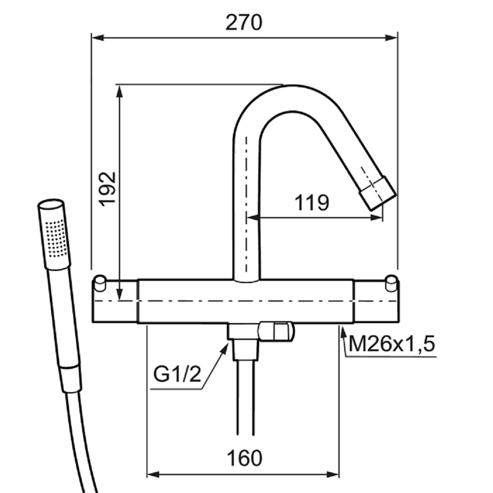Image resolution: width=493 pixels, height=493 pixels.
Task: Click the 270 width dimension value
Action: [244, 23]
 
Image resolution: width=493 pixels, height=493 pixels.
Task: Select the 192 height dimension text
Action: [108, 189]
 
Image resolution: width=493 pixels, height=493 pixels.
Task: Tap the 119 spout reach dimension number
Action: [312, 203]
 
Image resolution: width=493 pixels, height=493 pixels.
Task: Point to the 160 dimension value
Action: [244, 458]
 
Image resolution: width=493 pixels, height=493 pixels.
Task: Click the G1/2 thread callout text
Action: [177, 374]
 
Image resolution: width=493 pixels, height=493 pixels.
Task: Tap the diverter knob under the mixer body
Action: [276, 331]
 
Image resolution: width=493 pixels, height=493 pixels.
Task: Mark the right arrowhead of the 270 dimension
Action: [392, 38]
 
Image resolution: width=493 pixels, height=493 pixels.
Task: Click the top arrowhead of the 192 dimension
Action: [119, 91]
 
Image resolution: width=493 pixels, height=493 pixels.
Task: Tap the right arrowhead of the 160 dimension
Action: [332, 474]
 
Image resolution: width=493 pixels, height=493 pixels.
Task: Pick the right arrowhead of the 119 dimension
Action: [377, 217]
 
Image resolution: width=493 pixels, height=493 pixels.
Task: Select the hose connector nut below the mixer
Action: [246, 350]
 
